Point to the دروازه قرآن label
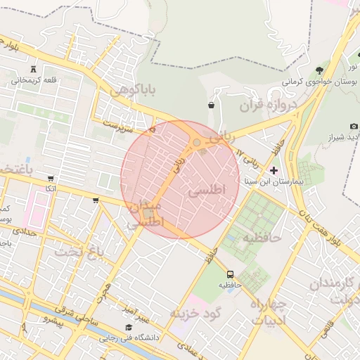point(269,105)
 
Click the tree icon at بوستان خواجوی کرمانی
point(320,69)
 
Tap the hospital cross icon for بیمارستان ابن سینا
point(274,170)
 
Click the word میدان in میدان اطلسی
point(145,207)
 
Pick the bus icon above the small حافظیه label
point(231,274)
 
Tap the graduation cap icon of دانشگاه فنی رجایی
point(128,327)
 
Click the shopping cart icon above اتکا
point(50,178)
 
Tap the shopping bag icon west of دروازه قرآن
point(211,105)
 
